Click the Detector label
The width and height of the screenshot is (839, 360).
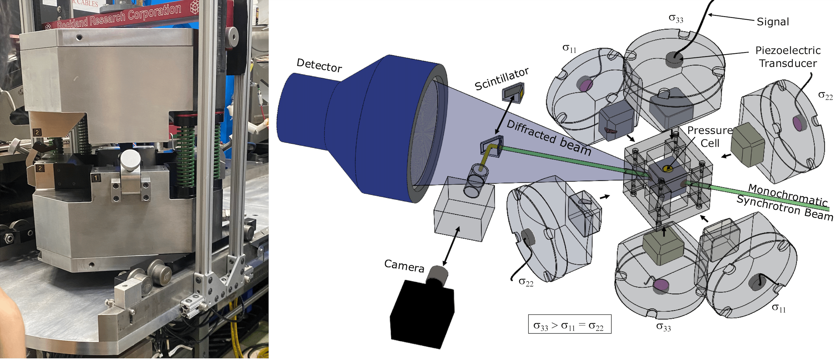[319, 65]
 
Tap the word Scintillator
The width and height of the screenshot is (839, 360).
[501, 79]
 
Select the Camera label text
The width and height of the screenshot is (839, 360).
[404, 266]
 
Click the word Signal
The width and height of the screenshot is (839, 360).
[773, 22]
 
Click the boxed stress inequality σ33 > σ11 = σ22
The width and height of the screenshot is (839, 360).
[570, 324]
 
